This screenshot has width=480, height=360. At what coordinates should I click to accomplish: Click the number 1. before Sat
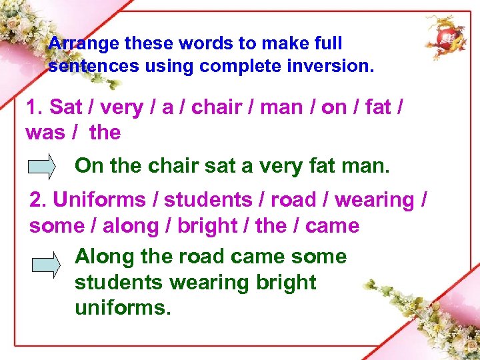point(35,108)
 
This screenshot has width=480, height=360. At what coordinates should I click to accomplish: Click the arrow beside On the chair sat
point(43,166)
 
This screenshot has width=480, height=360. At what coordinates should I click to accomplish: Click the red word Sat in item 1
point(65,108)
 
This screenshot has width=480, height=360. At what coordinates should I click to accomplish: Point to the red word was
point(45,133)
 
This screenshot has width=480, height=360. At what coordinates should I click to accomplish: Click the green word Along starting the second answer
point(103,257)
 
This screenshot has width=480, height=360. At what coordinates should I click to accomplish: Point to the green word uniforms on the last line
point(122,308)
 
